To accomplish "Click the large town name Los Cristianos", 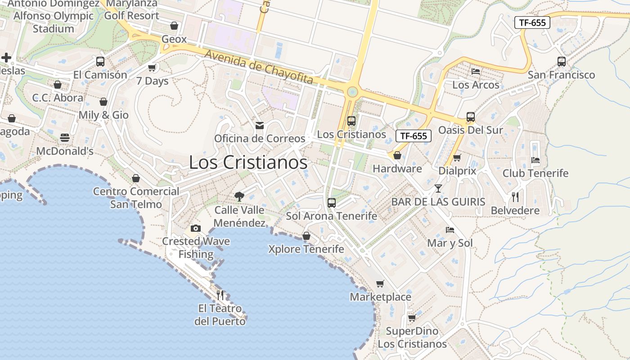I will pos(248,162).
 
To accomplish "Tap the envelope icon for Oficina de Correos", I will pos(260,126).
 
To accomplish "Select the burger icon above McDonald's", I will pos(65,138).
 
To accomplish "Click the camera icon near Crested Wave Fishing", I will pos(195,229).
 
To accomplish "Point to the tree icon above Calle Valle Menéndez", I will pos(239,196).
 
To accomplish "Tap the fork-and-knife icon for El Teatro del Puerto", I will pos(220,295).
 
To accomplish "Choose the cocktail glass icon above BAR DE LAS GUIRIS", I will pos(438,189).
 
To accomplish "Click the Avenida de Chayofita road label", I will pos(259,67).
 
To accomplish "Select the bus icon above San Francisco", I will pos(561,62).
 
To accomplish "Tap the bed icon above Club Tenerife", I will pos(535,160).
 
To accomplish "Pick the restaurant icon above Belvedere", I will pos(515,197).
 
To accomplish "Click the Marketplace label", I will pos(380,297).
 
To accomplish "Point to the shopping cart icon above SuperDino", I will pos(412,318).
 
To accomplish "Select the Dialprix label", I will pos(457,171).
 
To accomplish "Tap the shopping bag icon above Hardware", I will pos(397,156).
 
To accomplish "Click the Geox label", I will pos(174,39).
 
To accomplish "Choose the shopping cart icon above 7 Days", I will pos(152,68).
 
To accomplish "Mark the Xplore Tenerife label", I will pos(306,249).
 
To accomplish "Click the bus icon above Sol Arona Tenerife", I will pos(332,203).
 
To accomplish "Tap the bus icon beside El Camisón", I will pos(100,62).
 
